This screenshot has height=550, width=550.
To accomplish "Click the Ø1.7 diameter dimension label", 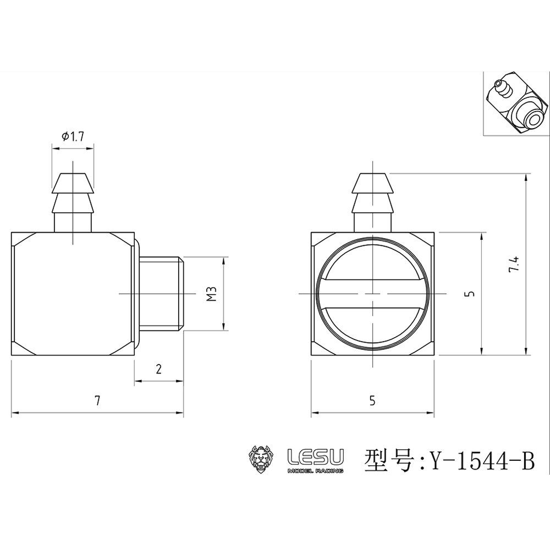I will click(73, 136).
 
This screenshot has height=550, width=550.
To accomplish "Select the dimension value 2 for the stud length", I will click(158, 370).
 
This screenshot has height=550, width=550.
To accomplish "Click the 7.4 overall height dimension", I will click(514, 265).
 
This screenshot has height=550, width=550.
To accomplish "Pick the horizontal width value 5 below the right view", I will click(372, 401).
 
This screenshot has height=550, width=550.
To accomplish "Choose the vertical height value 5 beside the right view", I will click(469, 294).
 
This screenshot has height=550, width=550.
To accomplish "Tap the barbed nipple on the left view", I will click(73, 201).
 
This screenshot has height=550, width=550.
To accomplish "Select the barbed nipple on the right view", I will click(373, 201).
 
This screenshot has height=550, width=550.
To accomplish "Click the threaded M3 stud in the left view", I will click(161, 294).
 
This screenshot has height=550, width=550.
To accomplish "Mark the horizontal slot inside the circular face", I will click(372, 294).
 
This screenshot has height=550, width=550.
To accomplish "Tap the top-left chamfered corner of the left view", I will click(19, 239).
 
